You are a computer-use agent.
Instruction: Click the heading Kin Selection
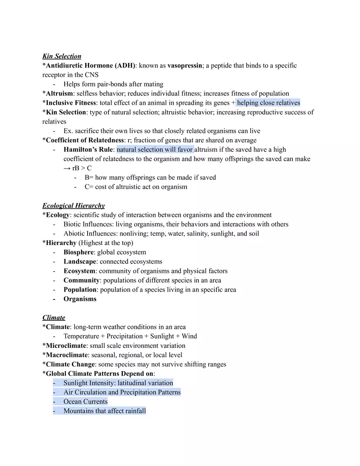click(62, 56)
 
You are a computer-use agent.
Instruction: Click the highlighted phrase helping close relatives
click(268, 103)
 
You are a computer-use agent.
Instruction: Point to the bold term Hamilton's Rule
click(88, 149)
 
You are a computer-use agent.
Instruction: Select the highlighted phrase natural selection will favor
click(155, 149)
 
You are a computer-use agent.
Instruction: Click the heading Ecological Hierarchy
click(74, 205)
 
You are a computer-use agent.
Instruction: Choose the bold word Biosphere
click(79, 252)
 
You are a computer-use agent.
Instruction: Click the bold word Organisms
click(80, 299)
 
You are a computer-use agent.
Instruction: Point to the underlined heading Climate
click(54, 317)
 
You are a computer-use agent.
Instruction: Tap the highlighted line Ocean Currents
click(85, 401)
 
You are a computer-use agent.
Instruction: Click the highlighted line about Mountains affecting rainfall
click(104, 411)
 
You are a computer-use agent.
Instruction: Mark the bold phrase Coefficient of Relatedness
click(85, 140)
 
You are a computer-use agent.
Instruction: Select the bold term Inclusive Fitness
click(71, 103)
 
